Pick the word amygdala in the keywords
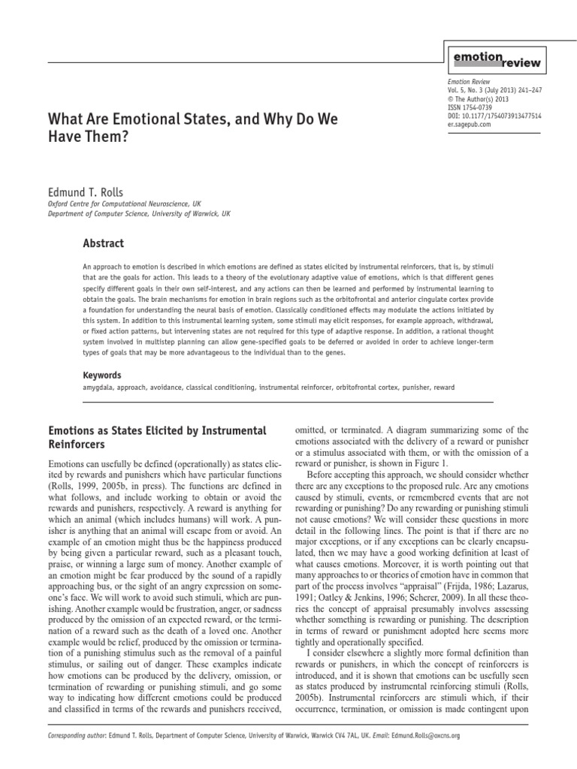98,388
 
